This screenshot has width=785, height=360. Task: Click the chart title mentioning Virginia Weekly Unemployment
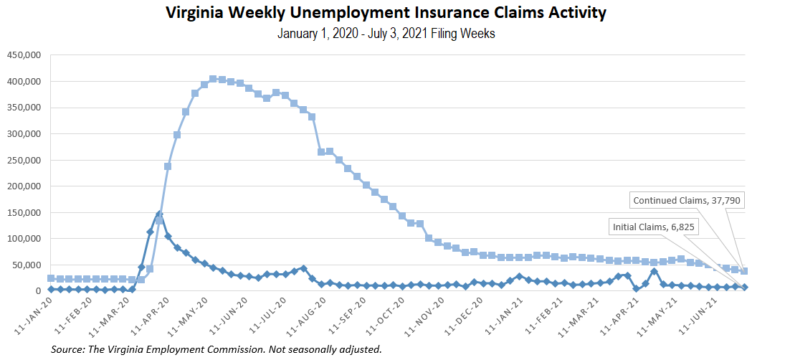click(386, 13)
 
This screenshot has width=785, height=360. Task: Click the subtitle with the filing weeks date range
click(386, 34)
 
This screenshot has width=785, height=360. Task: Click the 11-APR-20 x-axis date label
click(150, 316)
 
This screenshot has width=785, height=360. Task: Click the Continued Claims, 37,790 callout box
click(687, 200)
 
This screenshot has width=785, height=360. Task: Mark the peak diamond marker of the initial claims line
click(159, 214)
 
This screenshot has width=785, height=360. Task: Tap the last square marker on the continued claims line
click(744, 271)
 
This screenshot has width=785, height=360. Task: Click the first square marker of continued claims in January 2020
click(51, 278)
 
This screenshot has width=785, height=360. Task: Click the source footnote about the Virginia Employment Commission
click(216, 349)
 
